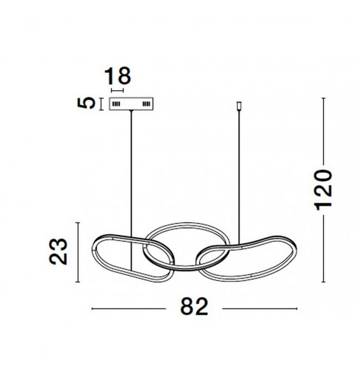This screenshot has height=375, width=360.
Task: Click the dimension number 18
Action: point(117,76)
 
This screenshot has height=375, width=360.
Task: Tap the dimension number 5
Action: point(86,103)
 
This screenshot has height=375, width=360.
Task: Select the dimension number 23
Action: point(58,251)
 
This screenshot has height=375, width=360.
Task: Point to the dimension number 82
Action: point(194,307)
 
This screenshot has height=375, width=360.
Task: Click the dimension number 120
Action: point(323,190)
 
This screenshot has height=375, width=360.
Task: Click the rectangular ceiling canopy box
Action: point(131,104)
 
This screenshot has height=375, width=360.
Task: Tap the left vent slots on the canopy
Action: point(116,104)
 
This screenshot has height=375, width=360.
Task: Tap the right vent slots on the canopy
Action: point(146,104)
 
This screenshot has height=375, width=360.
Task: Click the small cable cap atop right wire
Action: point(239,106)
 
